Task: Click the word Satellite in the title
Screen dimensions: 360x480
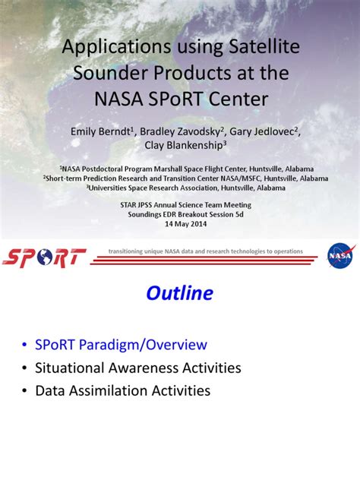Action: click(x=264, y=46)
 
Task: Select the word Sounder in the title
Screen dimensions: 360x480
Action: click(x=111, y=73)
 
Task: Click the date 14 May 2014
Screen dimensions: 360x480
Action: click(x=186, y=224)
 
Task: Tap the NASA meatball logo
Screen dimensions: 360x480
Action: click(x=340, y=255)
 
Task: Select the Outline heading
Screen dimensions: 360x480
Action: click(x=180, y=293)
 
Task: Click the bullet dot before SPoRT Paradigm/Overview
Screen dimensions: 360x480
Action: click(x=24, y=345)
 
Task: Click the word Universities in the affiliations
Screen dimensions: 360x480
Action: click(x=107, y=188)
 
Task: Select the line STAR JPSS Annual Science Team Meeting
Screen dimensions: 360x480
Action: click(x=186, y=205)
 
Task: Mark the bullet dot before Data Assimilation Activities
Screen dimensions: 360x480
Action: click(x=24, y=391)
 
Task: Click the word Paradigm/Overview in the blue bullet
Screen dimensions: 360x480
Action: click(x=143, y=345)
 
